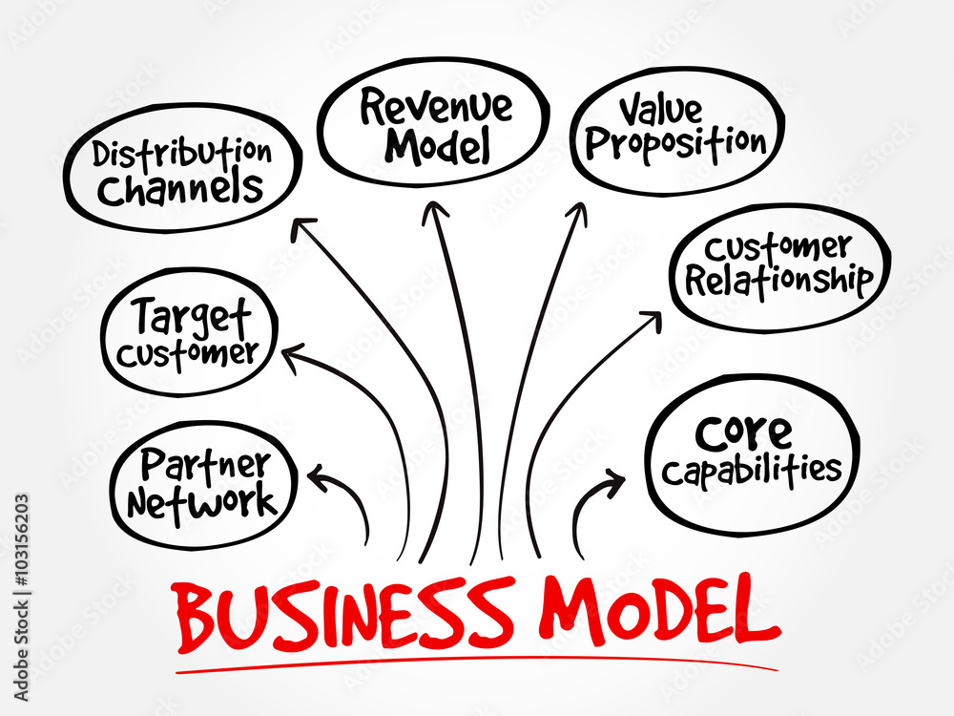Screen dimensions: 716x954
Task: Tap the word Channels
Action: tap(180, 188)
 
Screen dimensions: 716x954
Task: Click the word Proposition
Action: tap(676, 143)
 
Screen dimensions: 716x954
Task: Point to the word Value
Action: tap(664, 110)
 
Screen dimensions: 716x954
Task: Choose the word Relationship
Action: tap(779, 282)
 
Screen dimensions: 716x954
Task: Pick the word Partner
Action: tap(204, 465)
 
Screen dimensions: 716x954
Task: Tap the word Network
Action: tap(201, 500)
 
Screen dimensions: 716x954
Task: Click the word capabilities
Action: tap(753, 470)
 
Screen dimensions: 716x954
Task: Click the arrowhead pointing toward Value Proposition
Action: tap(576, 212)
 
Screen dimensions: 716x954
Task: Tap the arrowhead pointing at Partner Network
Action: tap(314, 473)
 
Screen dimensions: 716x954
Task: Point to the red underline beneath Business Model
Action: tap(477, 661)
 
